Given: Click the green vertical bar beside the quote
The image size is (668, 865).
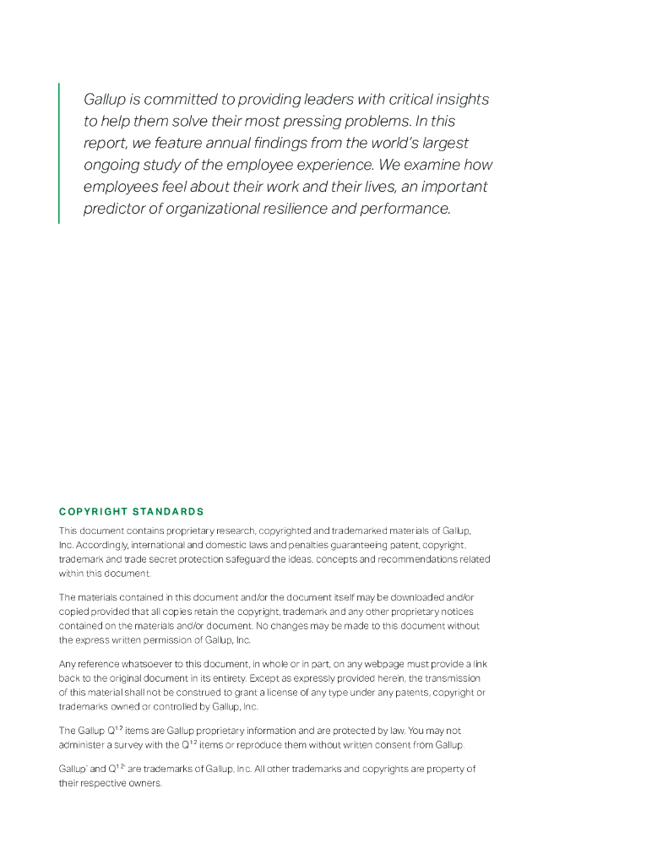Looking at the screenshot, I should [59, 153].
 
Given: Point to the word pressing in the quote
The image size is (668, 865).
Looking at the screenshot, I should [347, 122].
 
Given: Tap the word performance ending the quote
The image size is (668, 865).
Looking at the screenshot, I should [405, 209].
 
